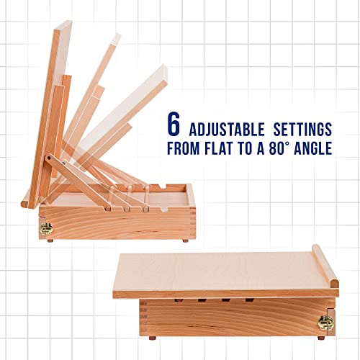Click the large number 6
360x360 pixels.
174,123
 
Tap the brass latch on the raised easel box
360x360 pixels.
45,228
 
